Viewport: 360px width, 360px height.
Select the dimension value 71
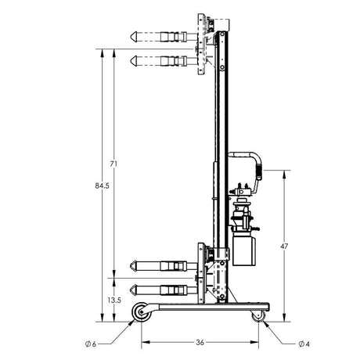114,164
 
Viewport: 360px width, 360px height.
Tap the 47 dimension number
284,247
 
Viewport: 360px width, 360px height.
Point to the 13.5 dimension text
113,299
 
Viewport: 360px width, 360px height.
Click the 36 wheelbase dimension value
200,342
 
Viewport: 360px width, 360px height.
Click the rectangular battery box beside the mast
246,251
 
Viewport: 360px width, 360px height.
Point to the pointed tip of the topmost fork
130,36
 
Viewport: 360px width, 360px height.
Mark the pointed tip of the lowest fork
130,289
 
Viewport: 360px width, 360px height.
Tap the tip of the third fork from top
130,267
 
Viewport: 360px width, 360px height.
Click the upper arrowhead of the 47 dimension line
284,173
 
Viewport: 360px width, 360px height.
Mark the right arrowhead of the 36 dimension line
257,342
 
